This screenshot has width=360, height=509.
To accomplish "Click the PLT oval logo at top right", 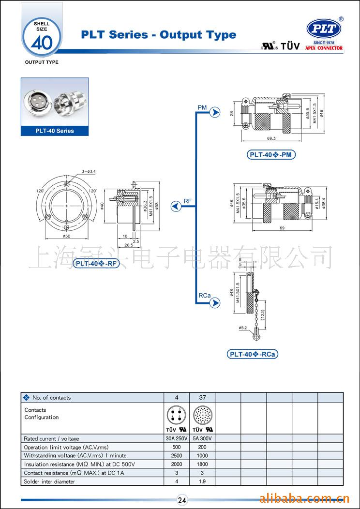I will pos(324,29).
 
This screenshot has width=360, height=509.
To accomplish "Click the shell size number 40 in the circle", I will pos(41,42).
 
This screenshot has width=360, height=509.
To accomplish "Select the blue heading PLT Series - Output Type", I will pos(159,35).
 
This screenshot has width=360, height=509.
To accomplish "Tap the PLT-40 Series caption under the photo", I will pos(55,131).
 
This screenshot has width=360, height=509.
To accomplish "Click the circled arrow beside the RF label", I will pos(176,207).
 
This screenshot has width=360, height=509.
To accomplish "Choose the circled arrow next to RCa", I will pos(215,303).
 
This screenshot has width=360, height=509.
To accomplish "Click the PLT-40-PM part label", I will pos(271,155).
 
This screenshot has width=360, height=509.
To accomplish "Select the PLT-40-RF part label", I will pos(96,263).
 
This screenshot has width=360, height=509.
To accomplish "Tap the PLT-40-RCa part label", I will pos(253,354).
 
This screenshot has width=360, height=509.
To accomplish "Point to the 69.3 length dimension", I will pos(270,139).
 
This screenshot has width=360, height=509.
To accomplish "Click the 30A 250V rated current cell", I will pos(177,438).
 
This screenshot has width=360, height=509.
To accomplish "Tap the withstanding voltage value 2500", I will pos(177,456).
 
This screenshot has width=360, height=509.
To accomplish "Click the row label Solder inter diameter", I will pos(49,481).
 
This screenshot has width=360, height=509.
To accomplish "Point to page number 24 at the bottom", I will pos(182,500).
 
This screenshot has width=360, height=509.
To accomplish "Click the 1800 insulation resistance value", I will pos(202,464).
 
